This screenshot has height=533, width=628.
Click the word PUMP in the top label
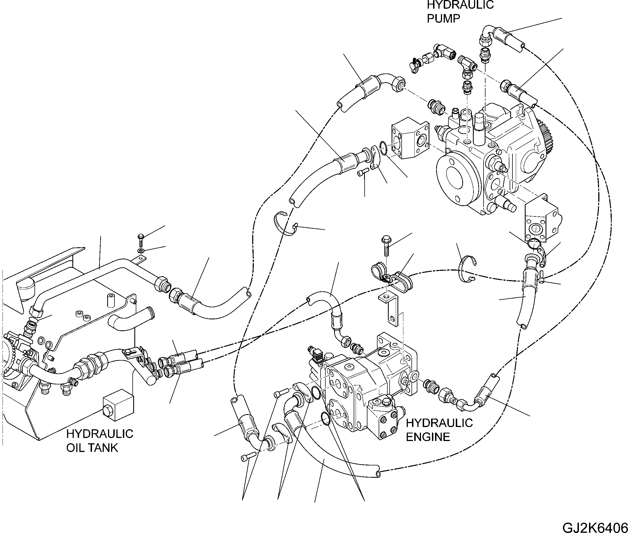pos(443,19)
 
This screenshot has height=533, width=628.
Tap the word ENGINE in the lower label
pos(428,437)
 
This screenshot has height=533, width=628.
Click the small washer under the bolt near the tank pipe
pos(141,251)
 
